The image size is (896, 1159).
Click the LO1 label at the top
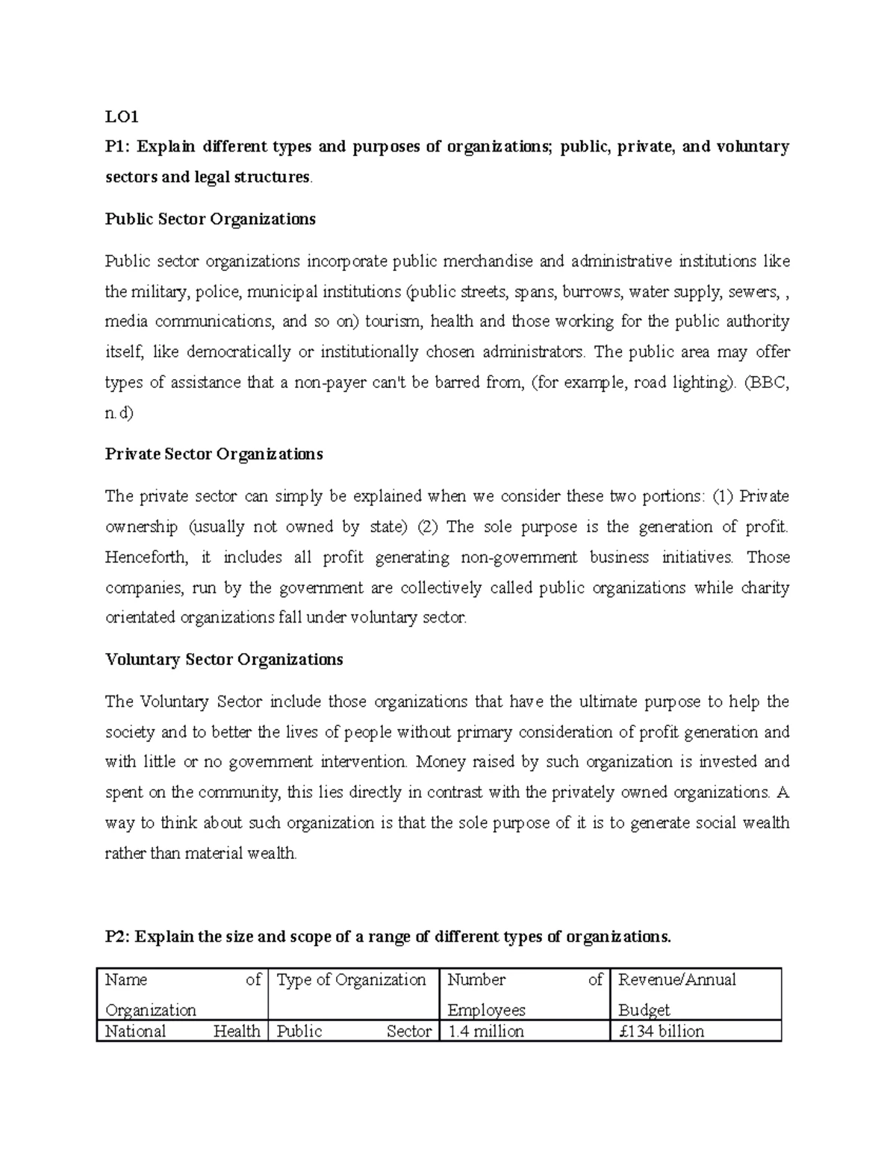(x=122, y=116)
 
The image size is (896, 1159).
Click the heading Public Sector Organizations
(x=210, y=219)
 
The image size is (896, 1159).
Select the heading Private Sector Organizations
(x=214, y=454)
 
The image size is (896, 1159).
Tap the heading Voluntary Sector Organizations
(x=224, y=660)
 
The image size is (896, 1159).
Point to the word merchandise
(x=488, y=261)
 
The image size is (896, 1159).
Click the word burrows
(x=589, y=292)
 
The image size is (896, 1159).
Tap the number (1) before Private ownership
(x=723, y=497)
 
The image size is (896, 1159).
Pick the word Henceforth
(x=141, y=557)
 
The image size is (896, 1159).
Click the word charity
(x=765, y=588)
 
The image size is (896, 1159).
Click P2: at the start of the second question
(x=117, y=937)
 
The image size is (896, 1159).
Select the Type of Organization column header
(x=351, y=980)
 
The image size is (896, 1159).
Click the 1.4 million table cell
(x=485, y=1031)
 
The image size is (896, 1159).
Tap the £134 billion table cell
(x=662, y=1031)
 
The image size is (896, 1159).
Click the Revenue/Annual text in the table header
(x=677, y=980)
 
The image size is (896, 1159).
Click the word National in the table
(x=135, y=1031)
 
